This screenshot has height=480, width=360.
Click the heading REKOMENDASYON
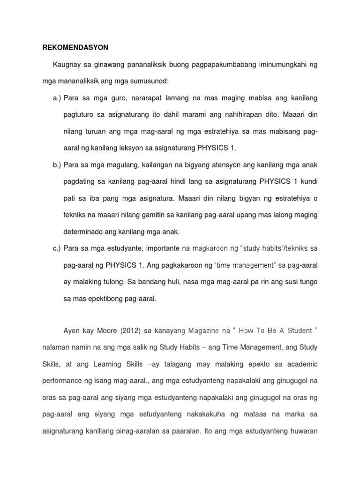[69, 48]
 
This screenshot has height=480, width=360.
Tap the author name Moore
[106, 331]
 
